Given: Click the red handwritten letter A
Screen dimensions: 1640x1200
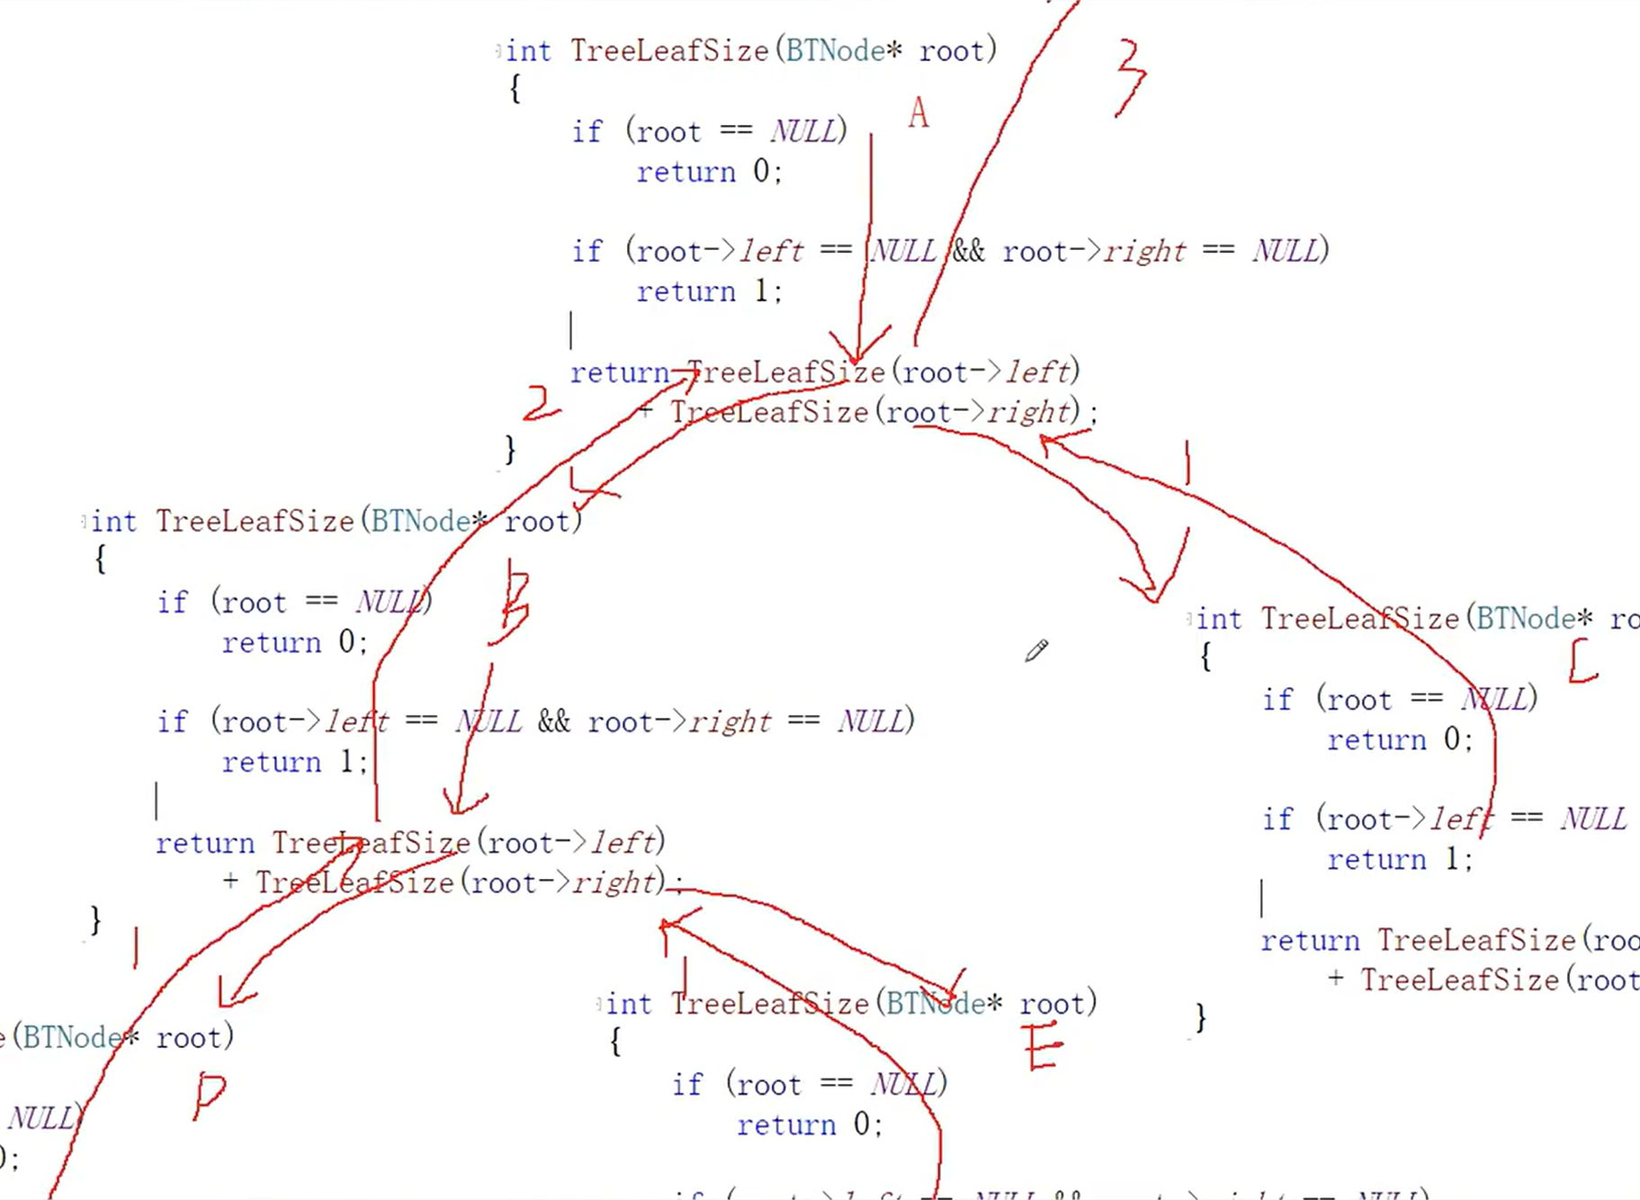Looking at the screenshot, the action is pos(918,113).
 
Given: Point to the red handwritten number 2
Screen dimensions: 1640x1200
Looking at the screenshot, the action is pos(540,404).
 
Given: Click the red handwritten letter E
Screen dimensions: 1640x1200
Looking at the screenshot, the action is pos(1043,1047).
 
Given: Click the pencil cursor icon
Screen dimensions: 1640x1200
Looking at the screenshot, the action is pos(1036,650).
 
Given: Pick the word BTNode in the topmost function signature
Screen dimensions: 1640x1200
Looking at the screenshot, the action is pos(835,50).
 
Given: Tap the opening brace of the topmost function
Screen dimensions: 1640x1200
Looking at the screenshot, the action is pos(515,88).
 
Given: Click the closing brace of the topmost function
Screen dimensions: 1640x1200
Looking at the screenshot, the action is pos(510,448).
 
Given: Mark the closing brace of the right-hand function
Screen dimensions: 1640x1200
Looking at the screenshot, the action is pos(1201,1017).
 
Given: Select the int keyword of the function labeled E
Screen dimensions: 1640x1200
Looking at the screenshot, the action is pos(628,1003).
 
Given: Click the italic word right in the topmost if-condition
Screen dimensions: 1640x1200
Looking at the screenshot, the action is pos(1144,251).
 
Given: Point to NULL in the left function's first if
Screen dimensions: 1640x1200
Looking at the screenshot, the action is pos(389,601).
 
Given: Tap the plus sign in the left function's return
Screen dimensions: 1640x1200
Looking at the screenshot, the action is pos(231,882).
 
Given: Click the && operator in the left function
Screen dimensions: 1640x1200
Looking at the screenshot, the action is pos(553,721).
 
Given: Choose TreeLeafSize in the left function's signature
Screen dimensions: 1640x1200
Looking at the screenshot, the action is pos(255,521).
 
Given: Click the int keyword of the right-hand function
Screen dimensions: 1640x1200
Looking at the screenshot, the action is pos(1219,619).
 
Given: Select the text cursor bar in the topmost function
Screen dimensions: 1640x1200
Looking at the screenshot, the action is pos(571,330).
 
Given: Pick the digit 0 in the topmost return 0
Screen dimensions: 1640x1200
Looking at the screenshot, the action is pos(761,171).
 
